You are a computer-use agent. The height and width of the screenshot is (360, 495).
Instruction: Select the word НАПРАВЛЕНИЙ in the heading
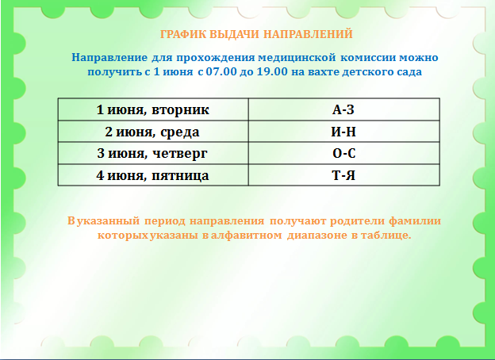[308, 34]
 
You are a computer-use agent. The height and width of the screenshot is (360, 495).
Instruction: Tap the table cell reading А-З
[343, 109]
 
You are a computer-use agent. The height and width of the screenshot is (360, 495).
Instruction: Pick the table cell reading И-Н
[343, 132]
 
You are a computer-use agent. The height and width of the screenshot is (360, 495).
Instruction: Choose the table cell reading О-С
[343, 153]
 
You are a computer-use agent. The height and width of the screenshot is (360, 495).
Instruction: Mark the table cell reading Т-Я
[343, 174]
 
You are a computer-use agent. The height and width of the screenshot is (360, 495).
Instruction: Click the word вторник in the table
[180, 109]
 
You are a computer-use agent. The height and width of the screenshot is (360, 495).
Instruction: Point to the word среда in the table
[180, 132]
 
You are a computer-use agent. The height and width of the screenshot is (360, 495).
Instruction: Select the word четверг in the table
[180, 154]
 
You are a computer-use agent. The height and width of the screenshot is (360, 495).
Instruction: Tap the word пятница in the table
[180, 176]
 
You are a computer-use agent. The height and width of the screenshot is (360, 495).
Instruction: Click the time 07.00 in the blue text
[221, 71]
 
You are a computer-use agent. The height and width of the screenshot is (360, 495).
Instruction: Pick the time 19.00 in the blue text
[272, 71]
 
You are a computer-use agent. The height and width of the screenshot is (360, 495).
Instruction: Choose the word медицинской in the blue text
[297, 58]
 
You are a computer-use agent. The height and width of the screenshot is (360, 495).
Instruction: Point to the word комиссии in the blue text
[368, 58]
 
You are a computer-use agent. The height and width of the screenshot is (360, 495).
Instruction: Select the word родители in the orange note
[357, 221]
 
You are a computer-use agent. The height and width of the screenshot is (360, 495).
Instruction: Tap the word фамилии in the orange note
[415, 221]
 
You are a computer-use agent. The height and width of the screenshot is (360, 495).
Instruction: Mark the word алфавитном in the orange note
[246, 236]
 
